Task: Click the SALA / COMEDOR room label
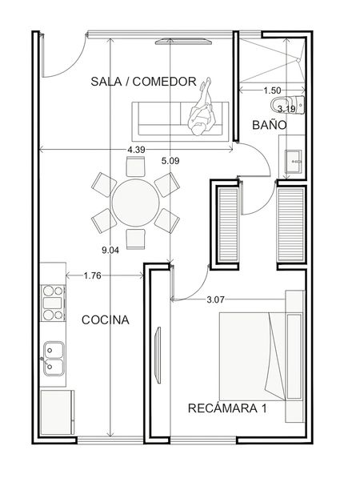143,82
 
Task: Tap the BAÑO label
270,125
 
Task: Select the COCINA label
106,319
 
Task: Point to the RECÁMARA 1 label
227,408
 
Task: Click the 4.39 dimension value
136,150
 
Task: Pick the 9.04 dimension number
110,251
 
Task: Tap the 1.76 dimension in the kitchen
92,276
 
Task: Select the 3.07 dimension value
215,300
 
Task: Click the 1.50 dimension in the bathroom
272,90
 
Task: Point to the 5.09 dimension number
170,161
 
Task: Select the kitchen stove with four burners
54,303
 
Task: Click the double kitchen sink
54,359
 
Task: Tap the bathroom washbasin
293,162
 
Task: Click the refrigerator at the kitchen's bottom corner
58,412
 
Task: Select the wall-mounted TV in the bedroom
158,355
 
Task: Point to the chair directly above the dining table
135,167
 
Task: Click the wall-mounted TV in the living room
183,42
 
